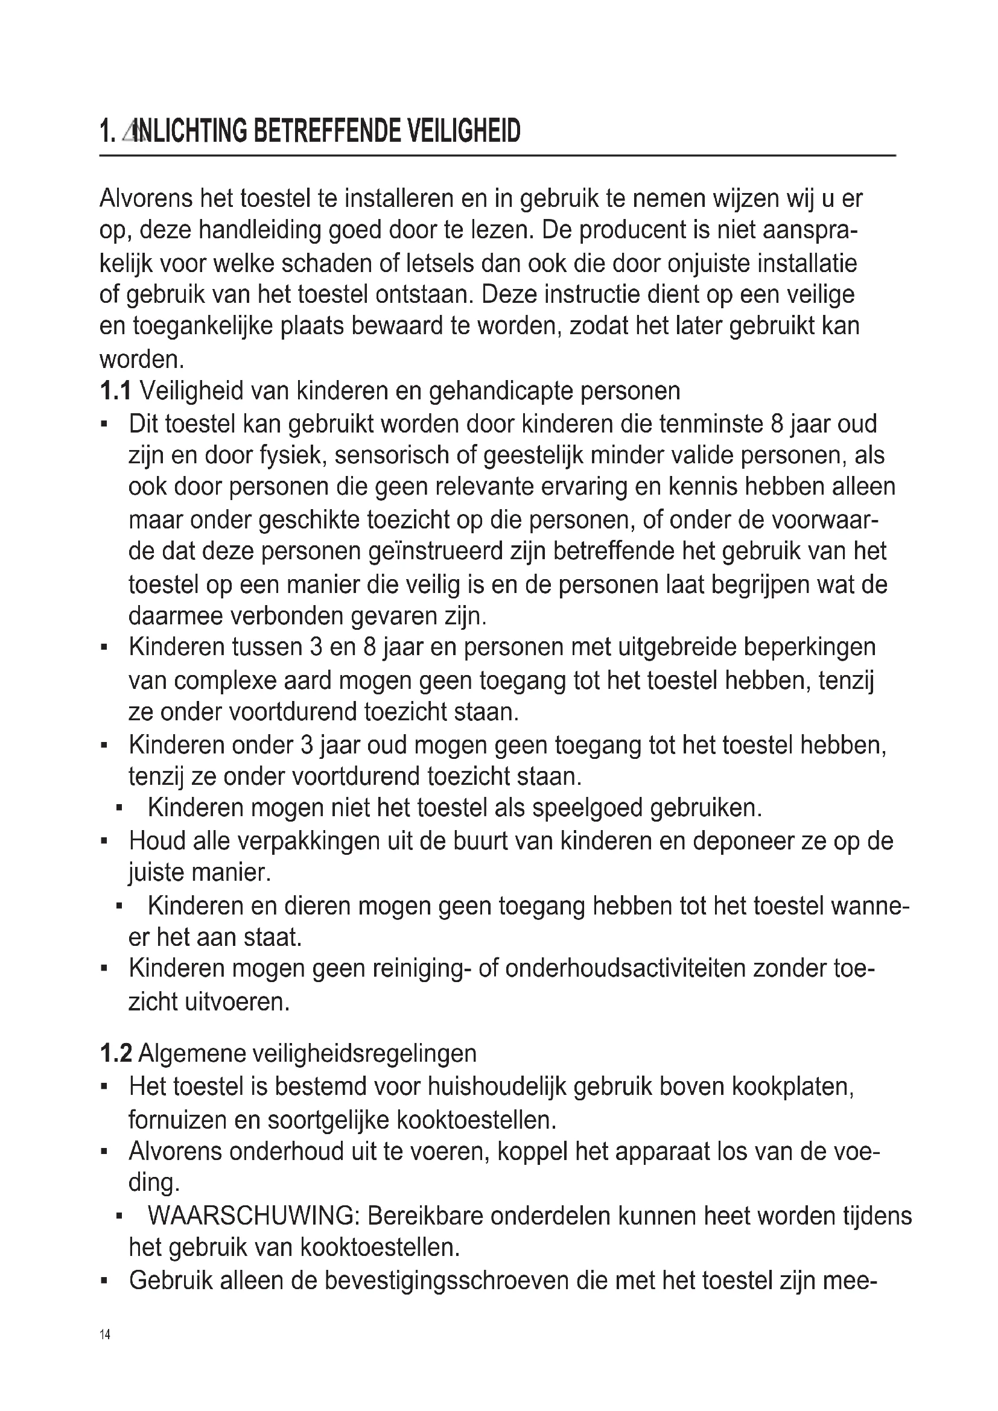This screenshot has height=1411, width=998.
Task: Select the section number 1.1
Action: [x=115, y=391]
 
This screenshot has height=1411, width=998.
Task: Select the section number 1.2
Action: [x=115, y=1053]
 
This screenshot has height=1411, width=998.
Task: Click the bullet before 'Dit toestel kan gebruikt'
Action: [x=104, y=424]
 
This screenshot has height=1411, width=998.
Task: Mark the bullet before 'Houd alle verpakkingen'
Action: [x=104, y=840]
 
